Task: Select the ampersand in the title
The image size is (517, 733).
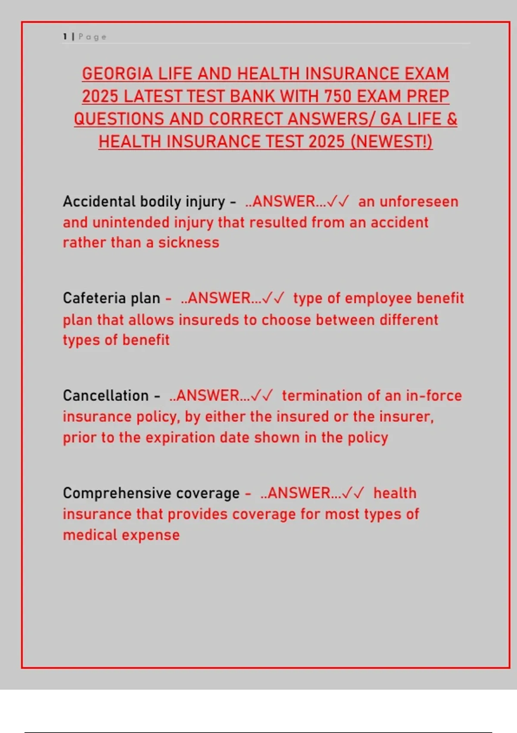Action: point(452,119)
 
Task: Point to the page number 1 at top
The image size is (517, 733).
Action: point(65,37)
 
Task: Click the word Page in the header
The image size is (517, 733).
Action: point(92,37)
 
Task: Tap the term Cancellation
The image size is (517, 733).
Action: point(106,395)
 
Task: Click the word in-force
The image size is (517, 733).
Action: point(433,395)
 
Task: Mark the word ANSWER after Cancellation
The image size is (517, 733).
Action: point(208,395)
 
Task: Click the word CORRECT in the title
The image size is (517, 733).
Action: point(246,119)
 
